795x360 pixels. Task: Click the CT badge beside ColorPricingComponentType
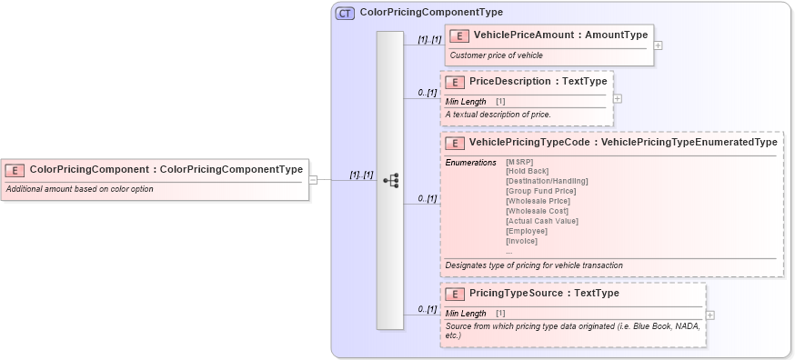click(345, 13)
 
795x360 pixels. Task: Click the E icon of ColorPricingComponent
click(15, 169)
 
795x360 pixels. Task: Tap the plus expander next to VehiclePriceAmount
click(658, 45)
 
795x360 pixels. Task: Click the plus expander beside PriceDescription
click(618, 98)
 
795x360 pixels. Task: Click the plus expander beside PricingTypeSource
click(709, 315)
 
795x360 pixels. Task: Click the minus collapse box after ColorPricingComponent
click(313, 179)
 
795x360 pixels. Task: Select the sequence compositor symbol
click(390, 180)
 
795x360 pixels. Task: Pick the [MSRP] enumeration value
click(519, 162)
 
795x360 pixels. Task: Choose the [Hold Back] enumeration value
click(527, 171)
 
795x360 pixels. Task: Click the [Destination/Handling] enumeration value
click(547, 181)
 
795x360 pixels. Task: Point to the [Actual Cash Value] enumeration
click(541, 221)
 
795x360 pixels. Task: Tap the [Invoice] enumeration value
click(521, 241)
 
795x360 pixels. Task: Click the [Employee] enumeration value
click(525, 231)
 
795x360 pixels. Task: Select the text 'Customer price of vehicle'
click(496, 55)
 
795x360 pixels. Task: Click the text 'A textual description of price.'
click(498, 115)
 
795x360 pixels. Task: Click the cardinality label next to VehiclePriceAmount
click(429, 40)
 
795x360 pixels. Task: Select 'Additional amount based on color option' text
click(80, 189)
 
